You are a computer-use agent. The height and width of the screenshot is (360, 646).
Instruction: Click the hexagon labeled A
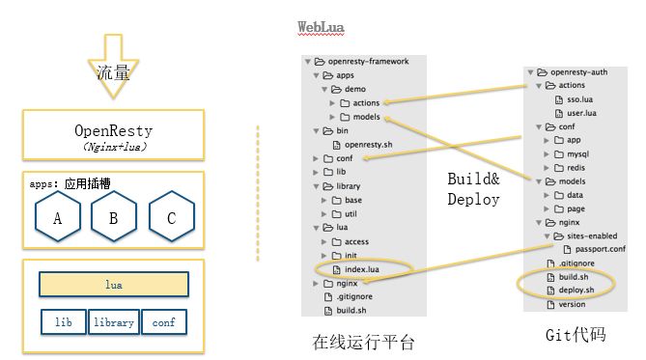click(57, 218)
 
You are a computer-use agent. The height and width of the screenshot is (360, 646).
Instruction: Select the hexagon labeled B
click(114, 218)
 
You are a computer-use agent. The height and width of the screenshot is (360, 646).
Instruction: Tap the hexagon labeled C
click(171, 218)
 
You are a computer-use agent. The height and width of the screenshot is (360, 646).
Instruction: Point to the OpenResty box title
click(114, 129)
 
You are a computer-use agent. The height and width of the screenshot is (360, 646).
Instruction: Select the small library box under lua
click(114, 322)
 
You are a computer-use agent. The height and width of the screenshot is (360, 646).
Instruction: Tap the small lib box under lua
click(62, 322)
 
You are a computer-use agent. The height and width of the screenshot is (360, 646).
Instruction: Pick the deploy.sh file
click(576, 290)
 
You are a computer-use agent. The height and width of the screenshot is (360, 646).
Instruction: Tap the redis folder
click(578, 167)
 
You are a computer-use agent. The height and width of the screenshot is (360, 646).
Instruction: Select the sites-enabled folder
click(591, 235)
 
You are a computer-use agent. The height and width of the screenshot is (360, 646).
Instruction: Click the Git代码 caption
click(576, 335)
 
